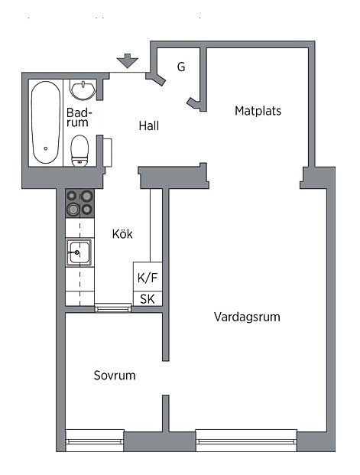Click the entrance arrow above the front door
128,60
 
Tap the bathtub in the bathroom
46,122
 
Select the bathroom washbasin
83,89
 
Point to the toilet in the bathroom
79,151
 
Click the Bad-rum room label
78,118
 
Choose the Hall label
149,125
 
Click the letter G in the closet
181,67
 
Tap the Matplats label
258,111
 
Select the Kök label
122,234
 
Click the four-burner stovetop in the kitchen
80,203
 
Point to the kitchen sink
79,252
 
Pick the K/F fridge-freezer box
148,277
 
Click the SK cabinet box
148,299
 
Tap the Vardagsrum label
247,317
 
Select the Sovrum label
115,376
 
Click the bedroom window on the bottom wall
95,441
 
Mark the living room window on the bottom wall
246,441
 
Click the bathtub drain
46,148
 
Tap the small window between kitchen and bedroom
113,307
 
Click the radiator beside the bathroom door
108,152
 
